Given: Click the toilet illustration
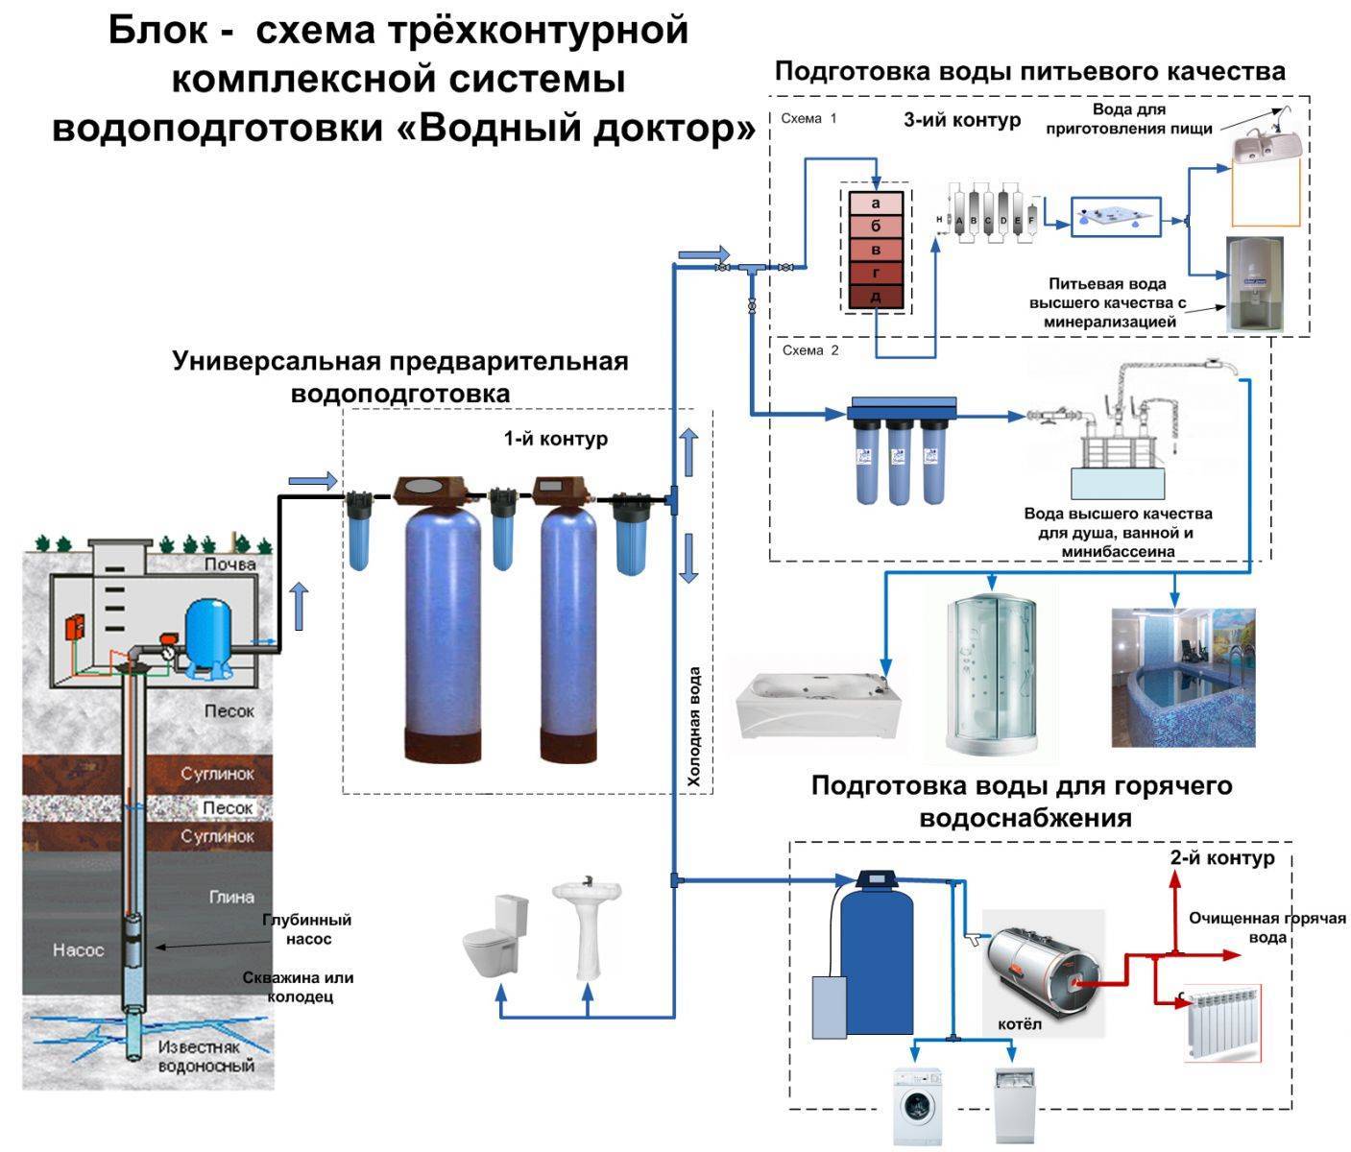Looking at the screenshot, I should click(x=495, y=935).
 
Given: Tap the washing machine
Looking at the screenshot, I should click(x=918, y=1103).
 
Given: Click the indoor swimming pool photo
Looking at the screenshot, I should click(x=1183, y=677).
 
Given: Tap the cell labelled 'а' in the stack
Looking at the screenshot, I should click(x=876, y=204).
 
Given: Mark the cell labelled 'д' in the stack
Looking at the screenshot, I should click(x=876, y=297).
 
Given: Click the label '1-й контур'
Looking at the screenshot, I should click(x=556, y=439).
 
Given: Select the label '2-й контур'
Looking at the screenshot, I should click(x=1222, y=857).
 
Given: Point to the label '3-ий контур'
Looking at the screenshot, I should click(x=962, y=120).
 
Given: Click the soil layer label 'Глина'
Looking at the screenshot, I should click(x=230, y=897).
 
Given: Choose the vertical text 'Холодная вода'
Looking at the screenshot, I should click(x=695, y=727).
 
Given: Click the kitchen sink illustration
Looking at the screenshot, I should click(x=1267, y=144).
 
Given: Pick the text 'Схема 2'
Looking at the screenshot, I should click(x=810, y=350).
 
